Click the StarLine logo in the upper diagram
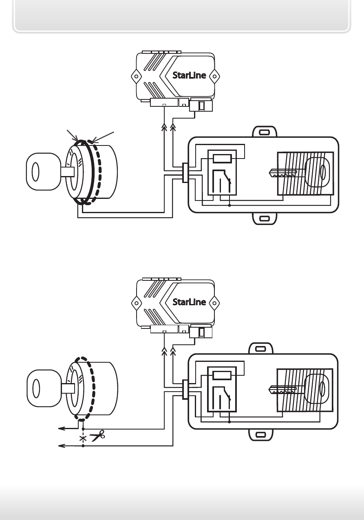pyautogui.click(x=189, y=75)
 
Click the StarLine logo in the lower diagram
pyautogui.click(x=189, y=302)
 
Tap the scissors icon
pyautogui.click(x=97, y=436)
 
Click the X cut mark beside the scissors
pyautogui.click(x=83, y=439)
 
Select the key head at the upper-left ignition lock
pyautogui.click(x=43, y=172)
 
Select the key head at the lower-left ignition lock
pyautogui.click(x=44, y=388)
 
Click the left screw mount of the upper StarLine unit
pyautogui.click(x=136, y=76)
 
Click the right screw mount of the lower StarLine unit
pyautogui.click(x=214, y=303)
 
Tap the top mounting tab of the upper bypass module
pyautogui.click(x=265, y=132)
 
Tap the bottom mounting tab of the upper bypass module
pyautogui.click(x=265, y=218)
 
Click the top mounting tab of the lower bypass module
pyautogui.click(x=261, y=349)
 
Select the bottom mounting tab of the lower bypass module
pyautogui.click(x=261, y=434)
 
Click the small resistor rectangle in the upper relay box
pyautogui.click(x=222, y=159)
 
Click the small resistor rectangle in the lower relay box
pyautogui.click(x=222, y=375)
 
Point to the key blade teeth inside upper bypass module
pyautogui.click(x=283, y=173)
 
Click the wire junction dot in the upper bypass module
pyautogui.click(x=229, y=205)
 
